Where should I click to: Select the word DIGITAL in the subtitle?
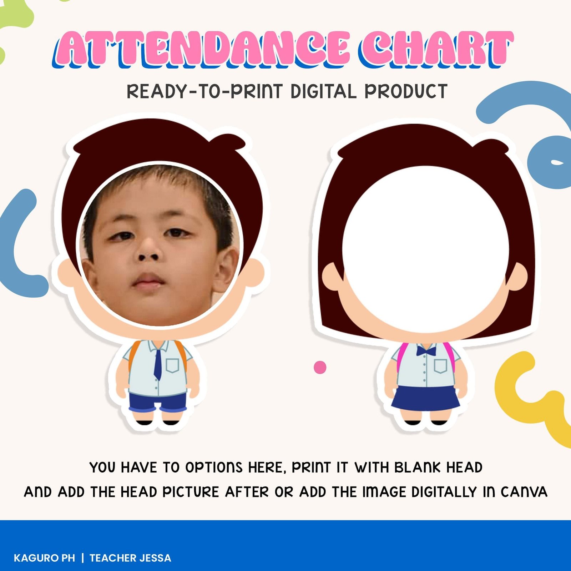tap(323, 91)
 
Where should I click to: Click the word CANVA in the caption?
tap(524, 492)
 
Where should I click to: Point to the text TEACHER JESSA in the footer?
tap(130, 558)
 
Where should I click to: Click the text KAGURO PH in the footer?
tap(45, 558)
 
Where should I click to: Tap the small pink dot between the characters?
tap(320, 367)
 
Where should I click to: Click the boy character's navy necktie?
tap(157, 364)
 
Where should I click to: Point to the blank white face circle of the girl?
tap(425, 249)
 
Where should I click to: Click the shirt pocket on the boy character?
tap(172, 365)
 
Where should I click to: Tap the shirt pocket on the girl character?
tap(440, 366)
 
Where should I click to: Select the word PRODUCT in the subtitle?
tap(406, 91)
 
